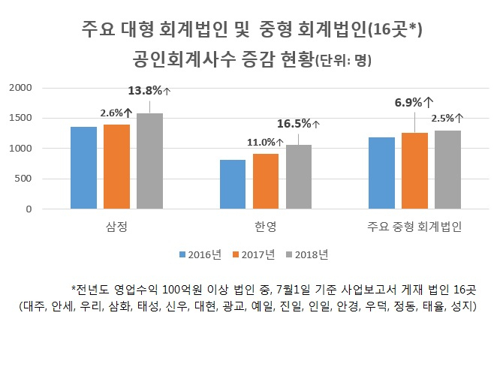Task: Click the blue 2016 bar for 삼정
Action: click(84, 168)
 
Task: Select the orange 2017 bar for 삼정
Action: click(117, 167)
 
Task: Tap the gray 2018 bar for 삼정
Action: click(150, 161)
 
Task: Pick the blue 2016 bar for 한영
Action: click(233, 185)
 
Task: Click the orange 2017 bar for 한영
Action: click(266, 182)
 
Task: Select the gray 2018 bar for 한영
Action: click(299, 177)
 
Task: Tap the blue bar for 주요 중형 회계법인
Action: click(381, 173)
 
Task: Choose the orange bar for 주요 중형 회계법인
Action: click(414, 171)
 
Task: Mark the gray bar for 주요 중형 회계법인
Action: click(448, 170)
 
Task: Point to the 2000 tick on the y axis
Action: click(20, 88)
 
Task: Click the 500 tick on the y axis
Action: click(23, 179)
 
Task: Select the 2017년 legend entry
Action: click(254, 254)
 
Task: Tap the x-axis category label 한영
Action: click(265, 227)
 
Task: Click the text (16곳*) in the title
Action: click(395, 29)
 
